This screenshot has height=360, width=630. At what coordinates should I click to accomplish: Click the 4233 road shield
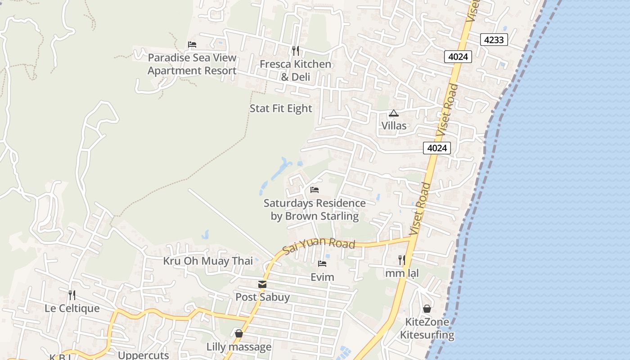(x=494, y=40)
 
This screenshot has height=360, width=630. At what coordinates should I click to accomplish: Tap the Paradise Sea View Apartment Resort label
(x=192, y=64)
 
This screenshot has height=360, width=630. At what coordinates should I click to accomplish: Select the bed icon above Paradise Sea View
(x=192, y=45)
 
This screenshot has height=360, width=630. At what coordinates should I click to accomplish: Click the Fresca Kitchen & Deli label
(x=295, y=71)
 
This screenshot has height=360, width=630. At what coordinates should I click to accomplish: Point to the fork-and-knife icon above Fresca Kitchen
(x=295, y=50)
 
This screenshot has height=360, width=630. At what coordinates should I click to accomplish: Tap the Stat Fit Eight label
(x=281, y=108)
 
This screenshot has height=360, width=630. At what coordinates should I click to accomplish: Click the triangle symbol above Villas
(x=394, y=113)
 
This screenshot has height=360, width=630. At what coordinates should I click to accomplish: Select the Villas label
(x=394, y=126)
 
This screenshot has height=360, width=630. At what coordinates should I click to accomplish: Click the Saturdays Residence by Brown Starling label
(x=315, y=210)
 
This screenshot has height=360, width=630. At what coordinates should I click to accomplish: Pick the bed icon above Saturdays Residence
(x=315, y=190)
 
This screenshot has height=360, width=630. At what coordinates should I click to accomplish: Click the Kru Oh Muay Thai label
(x=208, y=261)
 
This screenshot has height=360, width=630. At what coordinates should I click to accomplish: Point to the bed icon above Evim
(x=322, y=264)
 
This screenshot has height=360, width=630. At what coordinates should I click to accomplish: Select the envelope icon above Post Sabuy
(x=262, y=284)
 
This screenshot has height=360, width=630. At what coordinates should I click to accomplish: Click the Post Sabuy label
(x=262, y=297)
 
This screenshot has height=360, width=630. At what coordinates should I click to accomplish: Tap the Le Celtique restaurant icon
(x=72, y=295)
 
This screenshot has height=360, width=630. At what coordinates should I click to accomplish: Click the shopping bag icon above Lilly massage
(x=239, y=333)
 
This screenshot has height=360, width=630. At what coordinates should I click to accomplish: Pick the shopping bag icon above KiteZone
(x=427, y=309)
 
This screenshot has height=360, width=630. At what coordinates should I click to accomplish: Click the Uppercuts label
(x=143, y=355)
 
